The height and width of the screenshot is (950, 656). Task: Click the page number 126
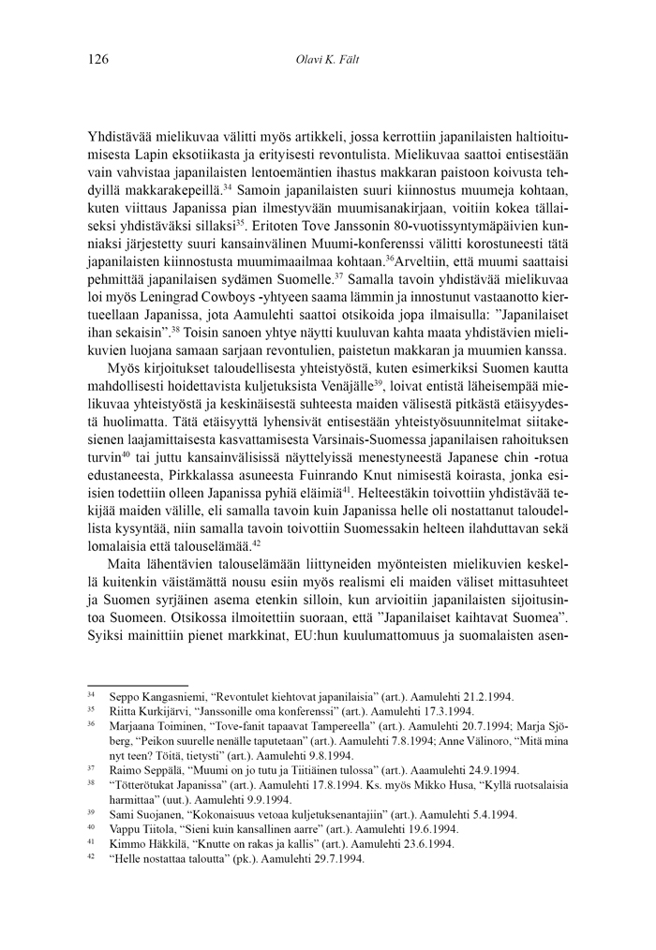[97, 61]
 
